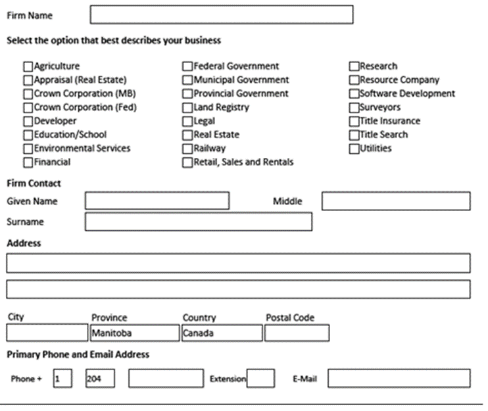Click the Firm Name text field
coord(221,14)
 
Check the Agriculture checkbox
coord(28,66)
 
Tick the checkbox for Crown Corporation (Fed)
coord(28,107)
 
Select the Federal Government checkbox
coord(187,66)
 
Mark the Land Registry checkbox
coord(187,107)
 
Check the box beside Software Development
coord(354,94)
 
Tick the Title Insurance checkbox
coord(354,121)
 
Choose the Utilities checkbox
coord(354,148)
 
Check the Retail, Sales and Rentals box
coord(187,162)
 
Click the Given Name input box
coord(157,201)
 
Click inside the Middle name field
coord(395,201)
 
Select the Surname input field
coord(198,222)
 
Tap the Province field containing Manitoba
coord(134,333)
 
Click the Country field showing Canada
coord(221,333)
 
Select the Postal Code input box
coord(297,333)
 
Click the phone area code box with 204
coord(100,378)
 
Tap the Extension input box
coord(260,378)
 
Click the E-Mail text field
coord(399,378)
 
